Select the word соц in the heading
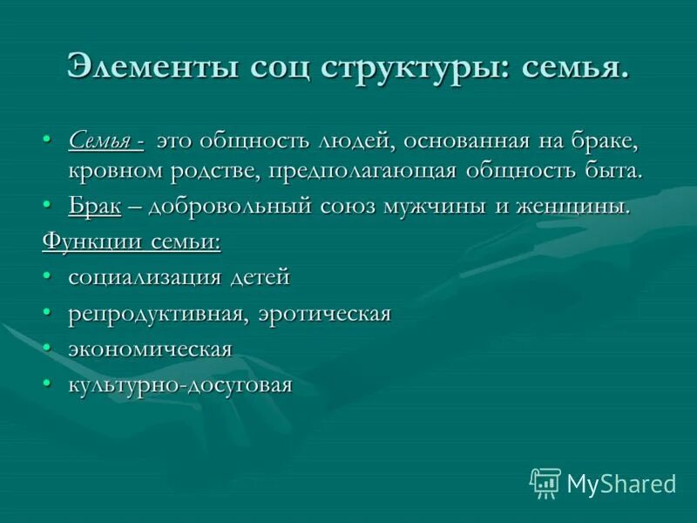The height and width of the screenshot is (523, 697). coord(269,69)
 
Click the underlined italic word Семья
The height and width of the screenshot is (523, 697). coord(100,140)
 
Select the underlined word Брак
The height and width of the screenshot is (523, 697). coord(94,207)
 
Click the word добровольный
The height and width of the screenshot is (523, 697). coord(229,207)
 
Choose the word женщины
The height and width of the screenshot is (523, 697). coord(579,207)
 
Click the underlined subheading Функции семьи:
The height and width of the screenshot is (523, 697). coord(131,241)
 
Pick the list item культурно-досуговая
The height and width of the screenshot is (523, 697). coord(179,384)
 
